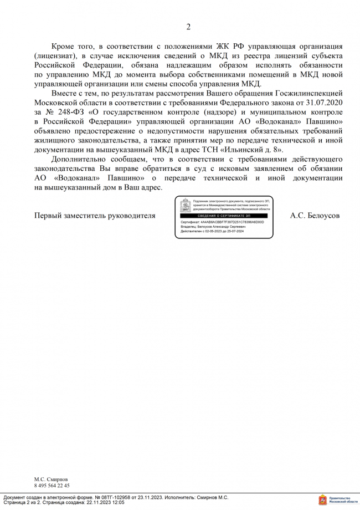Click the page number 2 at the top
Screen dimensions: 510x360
coord(188,27)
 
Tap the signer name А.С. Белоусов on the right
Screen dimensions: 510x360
coord(315,215)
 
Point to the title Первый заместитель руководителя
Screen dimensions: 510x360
coord(95,215)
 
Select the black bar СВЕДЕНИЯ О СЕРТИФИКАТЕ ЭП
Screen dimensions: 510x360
coord(224,215)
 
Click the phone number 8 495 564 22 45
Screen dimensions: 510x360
coord(52,485)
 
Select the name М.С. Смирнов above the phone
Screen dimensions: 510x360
coord(52,478)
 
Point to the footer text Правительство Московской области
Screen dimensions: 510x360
coord(343,500)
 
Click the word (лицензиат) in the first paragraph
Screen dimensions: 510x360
coord(60,55)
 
